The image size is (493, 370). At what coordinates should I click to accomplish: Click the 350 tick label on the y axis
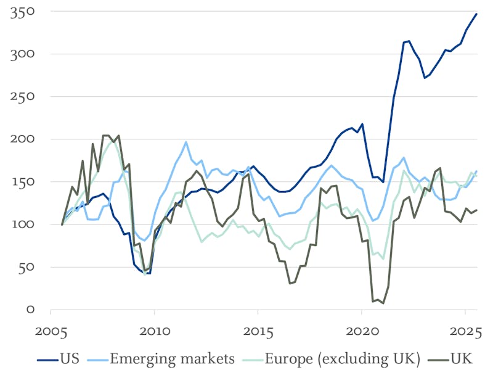(22, 12)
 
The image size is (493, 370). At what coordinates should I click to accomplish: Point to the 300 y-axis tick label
(22, 54)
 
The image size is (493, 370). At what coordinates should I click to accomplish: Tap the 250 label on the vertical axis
(22, 97)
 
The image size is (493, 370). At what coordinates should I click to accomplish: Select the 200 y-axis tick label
(22, 139)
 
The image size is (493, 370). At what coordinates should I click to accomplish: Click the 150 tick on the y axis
(22, 182)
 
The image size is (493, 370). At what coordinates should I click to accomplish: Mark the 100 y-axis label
(22, 224)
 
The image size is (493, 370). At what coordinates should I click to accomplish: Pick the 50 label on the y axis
(25, 267)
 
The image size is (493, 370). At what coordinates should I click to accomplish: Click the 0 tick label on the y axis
(30, 310)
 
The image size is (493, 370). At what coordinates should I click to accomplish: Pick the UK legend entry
(463, 358)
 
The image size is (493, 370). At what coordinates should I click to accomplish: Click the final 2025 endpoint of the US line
(476, 14)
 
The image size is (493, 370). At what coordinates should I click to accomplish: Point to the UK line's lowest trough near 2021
(383, 303)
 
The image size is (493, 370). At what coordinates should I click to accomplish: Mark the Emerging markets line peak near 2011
(186, 142)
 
